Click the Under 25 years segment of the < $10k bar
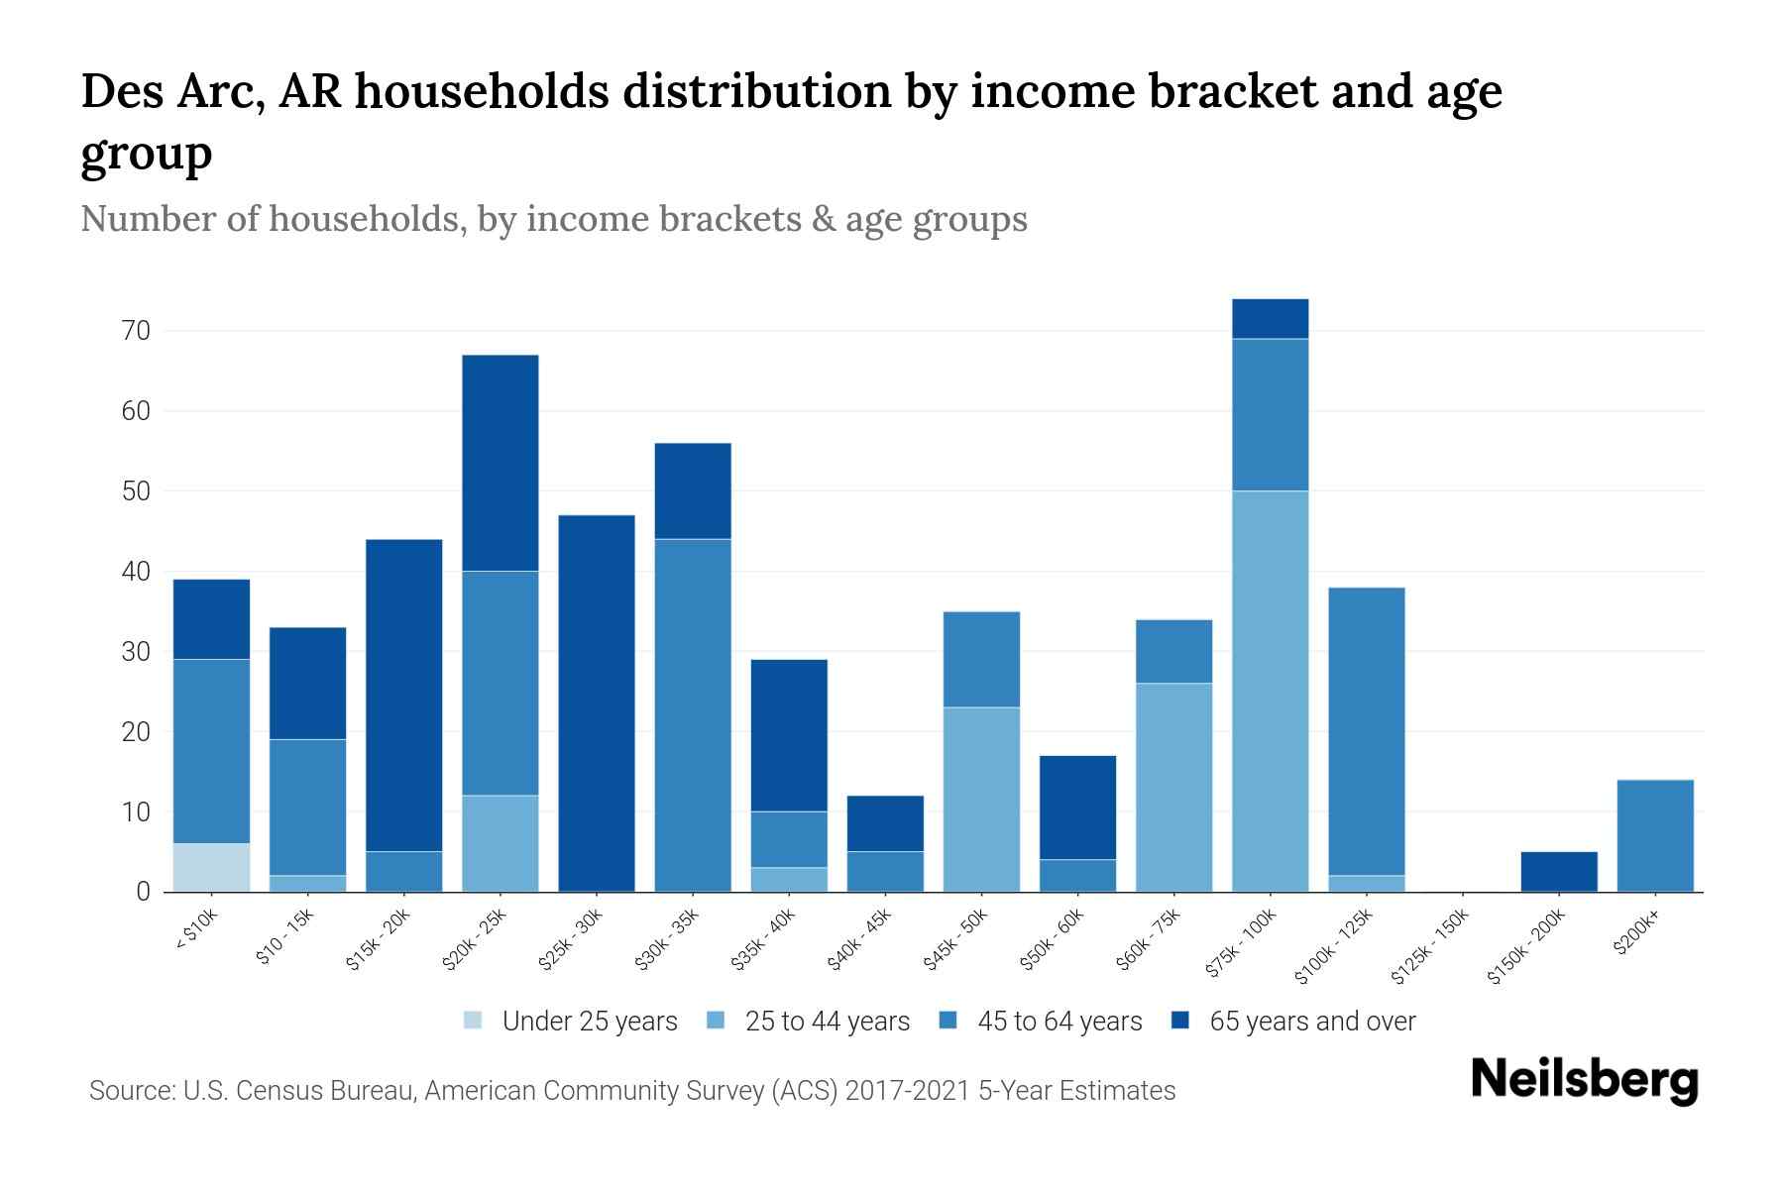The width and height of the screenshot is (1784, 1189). click(x=211, y=868)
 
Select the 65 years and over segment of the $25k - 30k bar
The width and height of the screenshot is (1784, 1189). click(x=597, y=703)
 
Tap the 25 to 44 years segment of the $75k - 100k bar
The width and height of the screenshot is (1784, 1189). click(x=1270, y=692)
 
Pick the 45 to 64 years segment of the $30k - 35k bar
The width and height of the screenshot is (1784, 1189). click(x=693, y=715)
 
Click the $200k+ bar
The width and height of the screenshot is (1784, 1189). click(x=1655, y=836)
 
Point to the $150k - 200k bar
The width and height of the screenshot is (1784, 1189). click(x=1559, y=872)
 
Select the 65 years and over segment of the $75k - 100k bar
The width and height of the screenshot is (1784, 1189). click(x=1270, y=319)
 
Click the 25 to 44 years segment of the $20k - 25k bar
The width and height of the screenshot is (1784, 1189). click(x=501, y=843)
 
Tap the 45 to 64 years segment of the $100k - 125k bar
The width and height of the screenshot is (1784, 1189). click(x=1366, y=731)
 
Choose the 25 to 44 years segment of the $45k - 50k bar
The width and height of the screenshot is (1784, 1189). click(x=981, y=800)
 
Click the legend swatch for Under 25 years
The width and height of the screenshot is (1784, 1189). click(x=474, y=1021)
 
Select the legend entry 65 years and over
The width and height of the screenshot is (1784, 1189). click(x=1312, y=1022)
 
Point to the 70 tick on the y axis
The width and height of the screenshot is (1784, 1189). click(x=137, y=331)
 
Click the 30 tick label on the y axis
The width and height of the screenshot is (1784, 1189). click(x=137, y=652)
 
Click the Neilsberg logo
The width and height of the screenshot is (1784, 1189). click(x=1584, y=1080)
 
